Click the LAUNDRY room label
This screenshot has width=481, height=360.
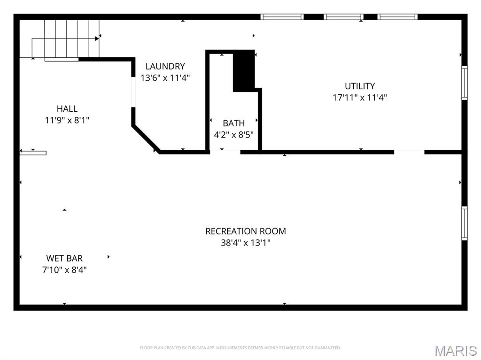165,67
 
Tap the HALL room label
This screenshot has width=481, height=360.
67,109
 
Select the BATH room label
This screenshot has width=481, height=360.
233,123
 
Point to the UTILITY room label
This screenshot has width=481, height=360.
360,86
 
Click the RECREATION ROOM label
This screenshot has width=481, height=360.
245,231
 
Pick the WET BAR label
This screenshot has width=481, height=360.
64,258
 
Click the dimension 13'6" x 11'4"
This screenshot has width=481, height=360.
165,78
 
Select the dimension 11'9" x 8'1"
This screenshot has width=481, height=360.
67,120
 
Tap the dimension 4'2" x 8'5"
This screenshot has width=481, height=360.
233,135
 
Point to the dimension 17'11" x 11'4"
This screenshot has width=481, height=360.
360,98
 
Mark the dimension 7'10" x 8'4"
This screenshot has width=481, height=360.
64,270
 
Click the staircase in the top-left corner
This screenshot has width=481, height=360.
66,38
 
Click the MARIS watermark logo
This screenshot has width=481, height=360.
456,350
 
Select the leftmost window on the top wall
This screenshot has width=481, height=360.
282,17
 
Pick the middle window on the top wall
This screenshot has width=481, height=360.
344,17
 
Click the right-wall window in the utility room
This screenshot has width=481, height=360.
464,83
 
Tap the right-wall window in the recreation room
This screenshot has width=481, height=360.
464,223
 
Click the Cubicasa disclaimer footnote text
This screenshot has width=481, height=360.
240,348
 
